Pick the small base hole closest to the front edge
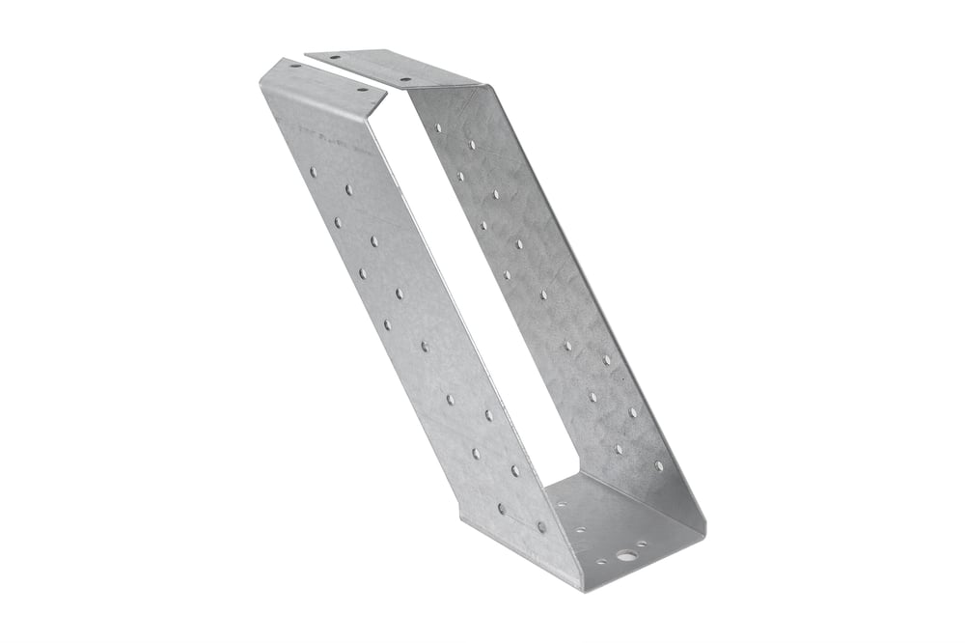[600, 560]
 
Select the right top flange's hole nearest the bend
[405, 79]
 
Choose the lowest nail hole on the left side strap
[541, 527]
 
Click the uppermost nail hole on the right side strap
[437, 126]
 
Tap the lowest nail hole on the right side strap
[660, 465]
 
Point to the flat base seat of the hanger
[618, 526]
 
